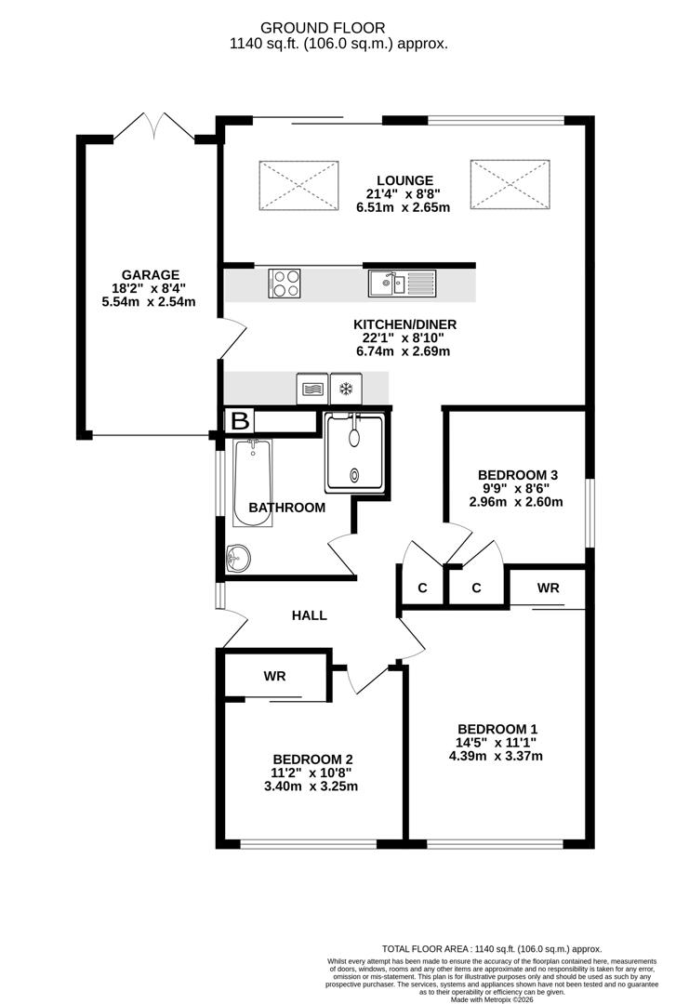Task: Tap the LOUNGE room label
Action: [404, 180]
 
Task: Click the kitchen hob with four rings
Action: [285, 283]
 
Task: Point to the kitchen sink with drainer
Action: [401, 283]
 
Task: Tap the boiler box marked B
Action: [240, 421]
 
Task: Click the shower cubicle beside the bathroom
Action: [353, 453]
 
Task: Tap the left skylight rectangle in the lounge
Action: [298, 185]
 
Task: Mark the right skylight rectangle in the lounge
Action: [510, 185]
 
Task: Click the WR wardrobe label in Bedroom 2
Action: [274, 677]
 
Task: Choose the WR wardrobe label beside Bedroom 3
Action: [549, 588]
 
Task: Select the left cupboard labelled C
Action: [421, 588]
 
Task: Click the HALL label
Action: [310, 615]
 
